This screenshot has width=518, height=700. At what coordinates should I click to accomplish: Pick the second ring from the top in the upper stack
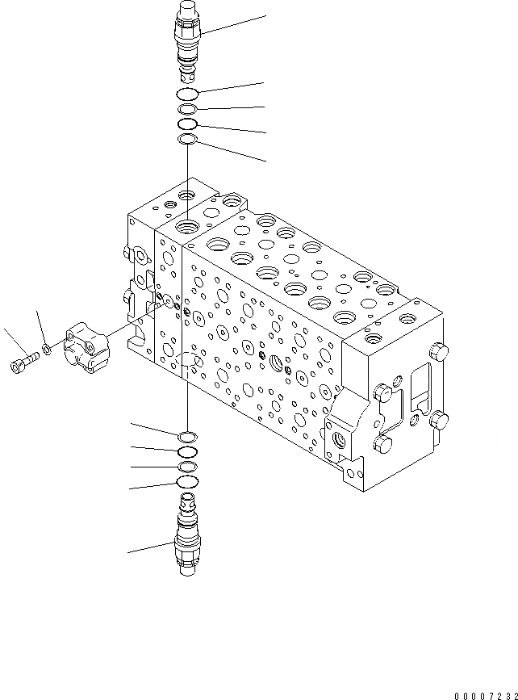187,110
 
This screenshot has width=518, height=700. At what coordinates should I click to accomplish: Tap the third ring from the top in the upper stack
187,124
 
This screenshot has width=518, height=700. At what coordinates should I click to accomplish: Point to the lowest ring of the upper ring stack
187,140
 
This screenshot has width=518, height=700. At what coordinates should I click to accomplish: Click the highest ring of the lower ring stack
187,437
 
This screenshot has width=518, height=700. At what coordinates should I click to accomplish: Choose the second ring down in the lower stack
187,452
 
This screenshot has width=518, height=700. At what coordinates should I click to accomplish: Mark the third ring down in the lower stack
187,467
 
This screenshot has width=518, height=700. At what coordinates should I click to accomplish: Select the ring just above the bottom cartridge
187,483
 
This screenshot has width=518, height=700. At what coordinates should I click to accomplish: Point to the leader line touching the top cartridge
234,24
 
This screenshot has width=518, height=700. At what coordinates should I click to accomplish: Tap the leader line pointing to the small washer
40,328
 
